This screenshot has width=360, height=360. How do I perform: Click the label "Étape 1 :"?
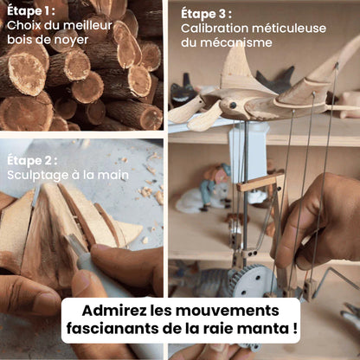31,11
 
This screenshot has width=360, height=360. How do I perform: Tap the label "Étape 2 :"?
32,161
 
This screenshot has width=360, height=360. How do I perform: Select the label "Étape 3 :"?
206,14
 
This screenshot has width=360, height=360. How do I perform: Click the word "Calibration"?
215,29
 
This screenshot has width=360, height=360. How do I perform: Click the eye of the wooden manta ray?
233,105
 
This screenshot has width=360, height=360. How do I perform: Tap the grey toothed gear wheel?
250,280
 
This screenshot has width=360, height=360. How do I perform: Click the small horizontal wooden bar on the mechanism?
260,181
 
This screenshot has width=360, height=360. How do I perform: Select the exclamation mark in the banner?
295,328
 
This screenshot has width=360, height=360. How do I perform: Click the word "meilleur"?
87,25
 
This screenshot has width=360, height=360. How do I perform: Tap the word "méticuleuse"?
289,29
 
